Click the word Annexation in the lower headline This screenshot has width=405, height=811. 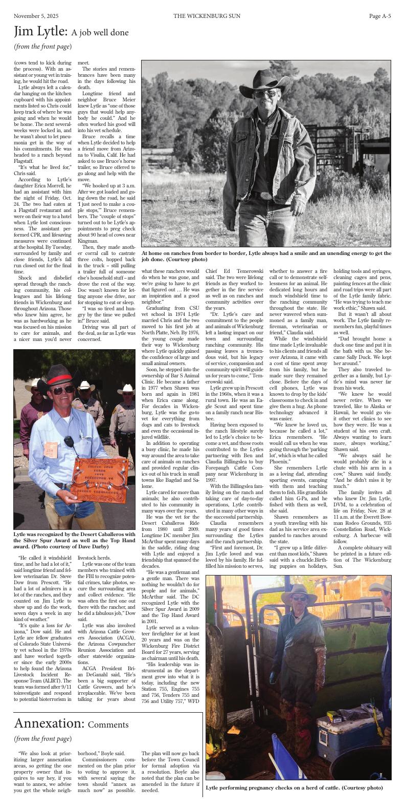(49, 723)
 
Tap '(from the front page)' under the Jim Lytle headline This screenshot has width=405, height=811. (42, 47)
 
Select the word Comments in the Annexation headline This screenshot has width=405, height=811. (108, 724)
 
